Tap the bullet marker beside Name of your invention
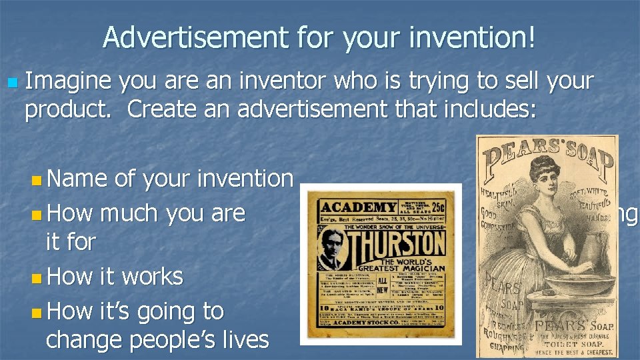(x=36, y=179)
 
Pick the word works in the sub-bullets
(x=151, y=275)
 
